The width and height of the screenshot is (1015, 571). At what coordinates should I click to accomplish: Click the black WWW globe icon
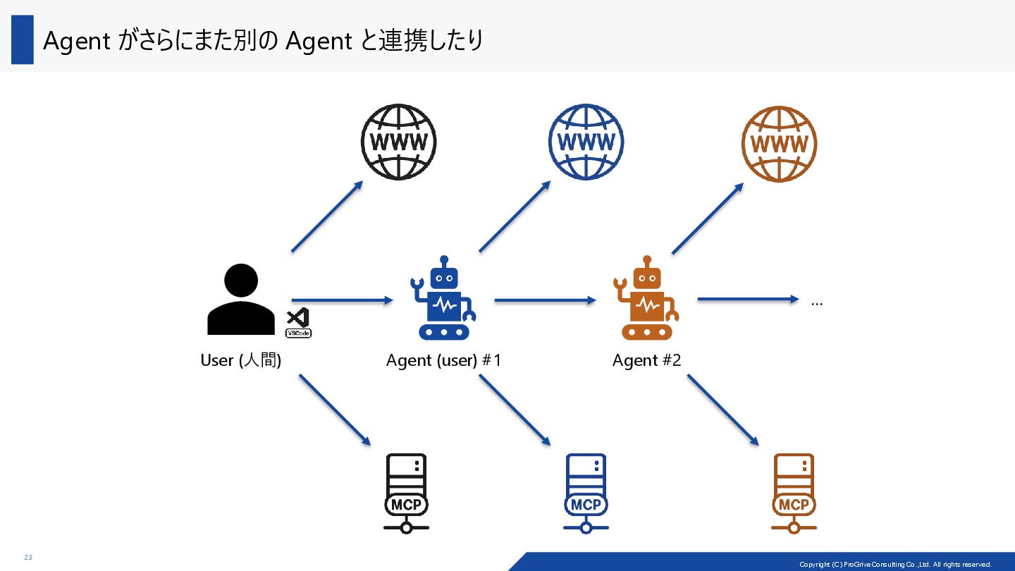click(x=398, y=142)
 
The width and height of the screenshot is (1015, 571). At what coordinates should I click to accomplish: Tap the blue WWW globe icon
click(x=586, y=142)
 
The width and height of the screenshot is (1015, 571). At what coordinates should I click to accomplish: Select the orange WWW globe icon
click(x=779, y=143)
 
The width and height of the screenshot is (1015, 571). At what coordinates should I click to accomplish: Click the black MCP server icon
click(x=406, y=493)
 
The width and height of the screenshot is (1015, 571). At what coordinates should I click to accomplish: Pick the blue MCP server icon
click(x=586, y=493)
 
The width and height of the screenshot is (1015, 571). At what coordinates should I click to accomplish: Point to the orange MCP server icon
click(x=794, y=493)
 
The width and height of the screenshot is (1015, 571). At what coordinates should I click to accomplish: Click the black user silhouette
click(x=241, y=300)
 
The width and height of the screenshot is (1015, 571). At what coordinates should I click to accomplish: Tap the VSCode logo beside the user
click(x=298, y=323)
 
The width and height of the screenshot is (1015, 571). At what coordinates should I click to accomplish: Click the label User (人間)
click(x=241, y=360)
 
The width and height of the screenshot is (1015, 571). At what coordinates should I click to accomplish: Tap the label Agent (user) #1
click(x=443, y=360)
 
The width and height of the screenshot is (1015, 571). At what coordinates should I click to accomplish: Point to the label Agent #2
click(x=646, y=360)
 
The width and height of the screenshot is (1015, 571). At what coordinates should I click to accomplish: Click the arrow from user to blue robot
click(x=342, y=300)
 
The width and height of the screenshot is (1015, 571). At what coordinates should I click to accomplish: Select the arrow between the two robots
click(x=545, y=300)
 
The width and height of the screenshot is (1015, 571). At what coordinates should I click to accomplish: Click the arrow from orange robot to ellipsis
click(x=747, y=300)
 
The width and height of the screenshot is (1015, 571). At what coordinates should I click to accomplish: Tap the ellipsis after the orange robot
click(x=817, y=303)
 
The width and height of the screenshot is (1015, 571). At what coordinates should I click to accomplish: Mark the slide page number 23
click(x=28, y=558)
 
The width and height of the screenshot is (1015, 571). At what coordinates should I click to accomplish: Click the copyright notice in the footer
click(x=895, y=564)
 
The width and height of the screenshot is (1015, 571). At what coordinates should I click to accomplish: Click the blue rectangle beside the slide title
click(x=23, y=40)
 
